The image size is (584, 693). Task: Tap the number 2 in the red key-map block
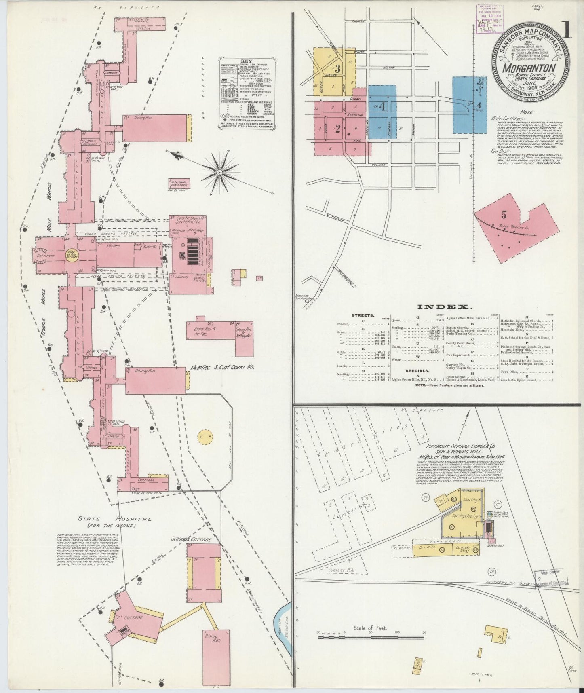[x=337, y=129]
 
